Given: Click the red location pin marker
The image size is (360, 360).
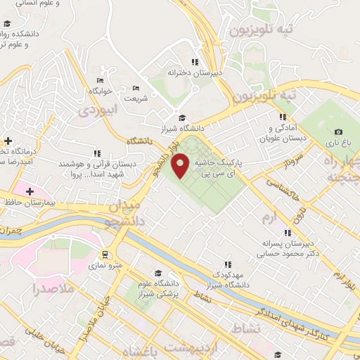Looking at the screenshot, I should pos(181,165).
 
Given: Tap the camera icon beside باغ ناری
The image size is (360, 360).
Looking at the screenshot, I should pos(339,131).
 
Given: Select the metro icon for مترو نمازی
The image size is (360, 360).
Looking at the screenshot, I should pos(105,255).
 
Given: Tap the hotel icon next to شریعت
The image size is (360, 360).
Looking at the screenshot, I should pos(136,88).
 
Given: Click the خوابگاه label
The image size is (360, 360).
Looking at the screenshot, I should pos(101,92).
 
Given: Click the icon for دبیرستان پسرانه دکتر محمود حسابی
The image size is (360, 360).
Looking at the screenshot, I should pos(287,233).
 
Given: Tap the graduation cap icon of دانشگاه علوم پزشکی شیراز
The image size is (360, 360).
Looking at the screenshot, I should pos(158,273).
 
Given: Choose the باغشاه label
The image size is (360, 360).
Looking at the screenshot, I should pos(140,351).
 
